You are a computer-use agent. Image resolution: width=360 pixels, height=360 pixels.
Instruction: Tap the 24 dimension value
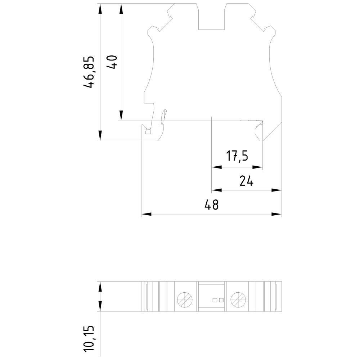point(247,181)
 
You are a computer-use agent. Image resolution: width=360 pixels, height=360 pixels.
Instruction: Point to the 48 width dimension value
point(211,205)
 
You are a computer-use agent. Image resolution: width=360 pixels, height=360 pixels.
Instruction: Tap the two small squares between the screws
point(218,300)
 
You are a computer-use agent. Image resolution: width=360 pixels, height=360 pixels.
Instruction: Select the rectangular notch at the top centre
point(212,18)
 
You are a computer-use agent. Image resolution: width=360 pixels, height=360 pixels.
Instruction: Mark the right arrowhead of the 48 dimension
point(277,214)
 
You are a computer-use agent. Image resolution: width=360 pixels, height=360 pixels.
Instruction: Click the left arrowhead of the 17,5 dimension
point(216,167)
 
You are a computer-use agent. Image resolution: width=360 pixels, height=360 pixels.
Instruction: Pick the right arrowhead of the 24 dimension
point(277,190)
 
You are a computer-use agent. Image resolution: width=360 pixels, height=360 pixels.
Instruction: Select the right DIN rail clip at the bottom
point(259,132)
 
